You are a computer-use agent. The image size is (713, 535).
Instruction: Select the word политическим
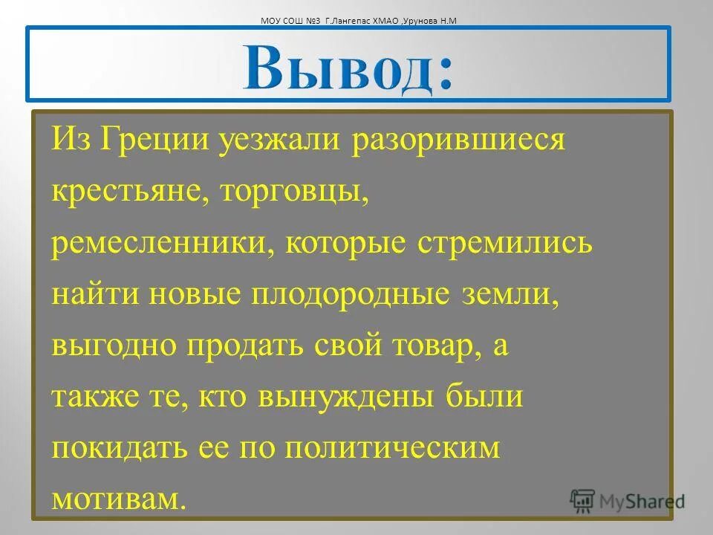(x=393, y=449)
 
